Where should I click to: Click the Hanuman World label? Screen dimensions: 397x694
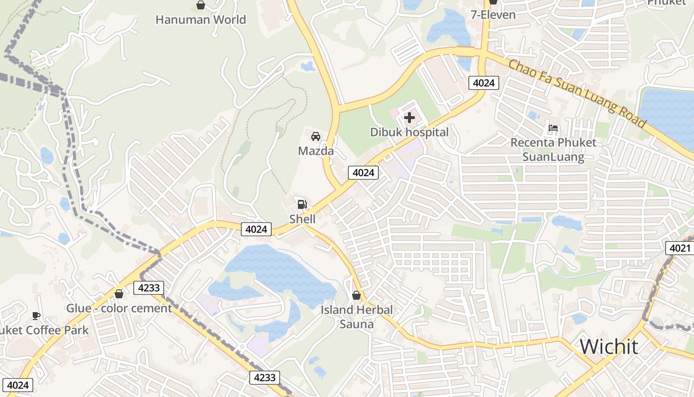(200, 20)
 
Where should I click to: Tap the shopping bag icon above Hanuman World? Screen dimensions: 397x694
(201, 5)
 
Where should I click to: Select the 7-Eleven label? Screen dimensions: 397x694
(493, 15)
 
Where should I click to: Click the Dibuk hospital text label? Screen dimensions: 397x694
(409, 132)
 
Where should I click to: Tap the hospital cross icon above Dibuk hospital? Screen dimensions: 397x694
(409, 118)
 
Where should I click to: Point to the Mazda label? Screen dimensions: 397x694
(316, 151)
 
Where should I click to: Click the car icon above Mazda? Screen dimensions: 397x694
(315, 136)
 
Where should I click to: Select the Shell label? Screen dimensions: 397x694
(302, 219)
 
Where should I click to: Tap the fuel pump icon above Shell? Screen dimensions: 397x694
(302, 204)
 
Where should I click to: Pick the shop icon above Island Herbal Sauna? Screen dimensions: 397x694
(356, 296)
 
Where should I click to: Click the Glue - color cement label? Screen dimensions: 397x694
(119, 308)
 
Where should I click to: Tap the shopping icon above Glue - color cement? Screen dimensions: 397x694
(118, 294)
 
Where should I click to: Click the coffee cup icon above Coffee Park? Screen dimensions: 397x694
(36, 316)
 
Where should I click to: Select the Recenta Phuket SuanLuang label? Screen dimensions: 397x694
(553, 150)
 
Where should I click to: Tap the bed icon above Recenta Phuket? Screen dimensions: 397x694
(553, 128)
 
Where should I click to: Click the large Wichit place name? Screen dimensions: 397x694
(609, 346)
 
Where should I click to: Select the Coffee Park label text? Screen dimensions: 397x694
(45, 331)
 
